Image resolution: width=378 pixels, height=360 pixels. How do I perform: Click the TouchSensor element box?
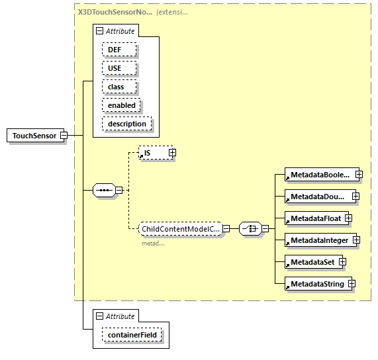tap(34, 136)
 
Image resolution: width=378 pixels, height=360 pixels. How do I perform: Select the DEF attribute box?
tap(118, 50)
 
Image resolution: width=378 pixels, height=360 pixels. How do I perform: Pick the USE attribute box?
tap(118, 68)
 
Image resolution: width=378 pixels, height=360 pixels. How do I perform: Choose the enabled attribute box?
tap(121, 105)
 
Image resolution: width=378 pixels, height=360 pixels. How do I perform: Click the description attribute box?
tap(126, 124)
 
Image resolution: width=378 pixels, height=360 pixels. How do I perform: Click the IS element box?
tap(153, 153)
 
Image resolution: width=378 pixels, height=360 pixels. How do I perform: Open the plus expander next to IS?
tap(172, 153)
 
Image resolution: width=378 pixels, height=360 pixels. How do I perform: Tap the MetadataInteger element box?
tap(318, 240)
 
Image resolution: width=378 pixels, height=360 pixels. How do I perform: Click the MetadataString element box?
tap(316, 284)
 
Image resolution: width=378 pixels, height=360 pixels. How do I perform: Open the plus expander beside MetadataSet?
tap(342, 262)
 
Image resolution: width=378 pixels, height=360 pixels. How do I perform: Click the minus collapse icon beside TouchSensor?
tap(64, 136)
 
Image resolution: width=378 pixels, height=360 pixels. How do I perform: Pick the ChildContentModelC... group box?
tap(179, 229)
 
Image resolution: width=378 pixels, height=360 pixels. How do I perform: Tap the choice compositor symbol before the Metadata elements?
tap(250, 229)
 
